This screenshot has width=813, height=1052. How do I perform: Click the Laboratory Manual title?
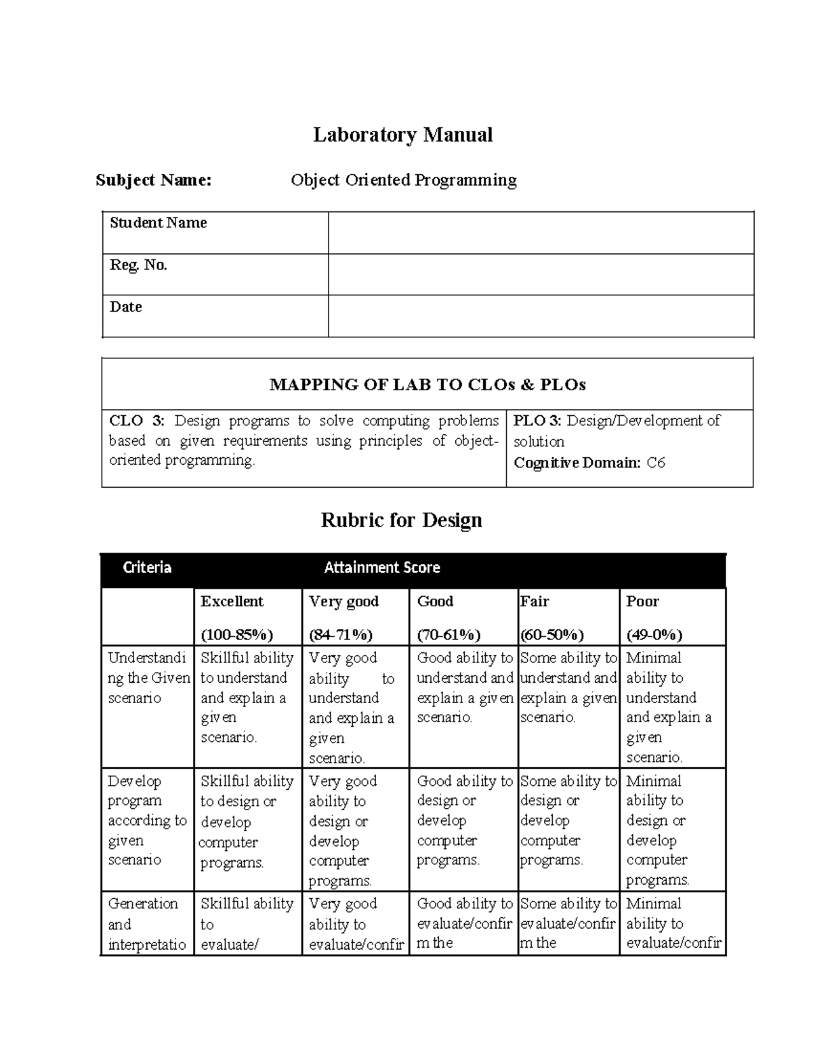(402, 135)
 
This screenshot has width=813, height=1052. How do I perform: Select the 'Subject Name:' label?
(153, 180)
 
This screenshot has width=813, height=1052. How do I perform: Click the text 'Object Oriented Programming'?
(403, 180)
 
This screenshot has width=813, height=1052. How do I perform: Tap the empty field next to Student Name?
(541, 233)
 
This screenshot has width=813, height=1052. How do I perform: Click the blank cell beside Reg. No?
(541, 274)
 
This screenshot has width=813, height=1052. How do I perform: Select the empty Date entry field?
(541, 316)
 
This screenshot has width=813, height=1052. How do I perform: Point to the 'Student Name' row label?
(158, 223)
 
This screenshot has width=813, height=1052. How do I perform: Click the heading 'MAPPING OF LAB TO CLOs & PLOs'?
(427, 385)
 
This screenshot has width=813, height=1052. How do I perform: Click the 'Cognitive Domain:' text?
(577, 463)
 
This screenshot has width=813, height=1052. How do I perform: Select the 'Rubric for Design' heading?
(401, 520)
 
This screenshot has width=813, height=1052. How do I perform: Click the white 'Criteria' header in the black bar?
(146, 568)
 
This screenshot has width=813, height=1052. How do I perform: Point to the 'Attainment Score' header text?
(381, 568)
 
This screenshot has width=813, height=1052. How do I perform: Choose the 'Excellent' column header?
(232, 602)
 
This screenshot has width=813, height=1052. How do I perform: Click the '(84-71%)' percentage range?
(340, 635)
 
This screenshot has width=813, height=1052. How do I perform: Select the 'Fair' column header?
(534, 602)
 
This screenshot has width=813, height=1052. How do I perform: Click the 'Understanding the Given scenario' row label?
(147, 677)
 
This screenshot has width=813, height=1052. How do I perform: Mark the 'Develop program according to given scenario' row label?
(146, 820)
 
